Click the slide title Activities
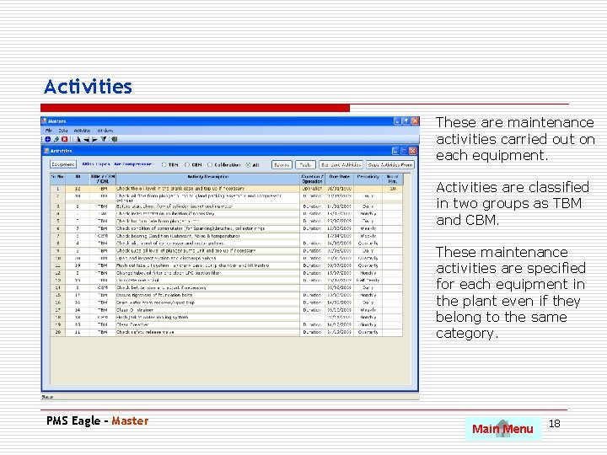click(x=88, y=87)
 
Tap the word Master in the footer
click(x=130, y=421)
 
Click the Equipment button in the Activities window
click(x=62, y=165)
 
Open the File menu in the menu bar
click(x=49, y=131)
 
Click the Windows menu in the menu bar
click(x=105, y=131)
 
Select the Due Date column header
click(x=339, y=179)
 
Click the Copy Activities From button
click(x=390, y=165)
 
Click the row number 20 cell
click(x=57, y=332)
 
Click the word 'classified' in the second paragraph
click(x=556, y=187)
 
